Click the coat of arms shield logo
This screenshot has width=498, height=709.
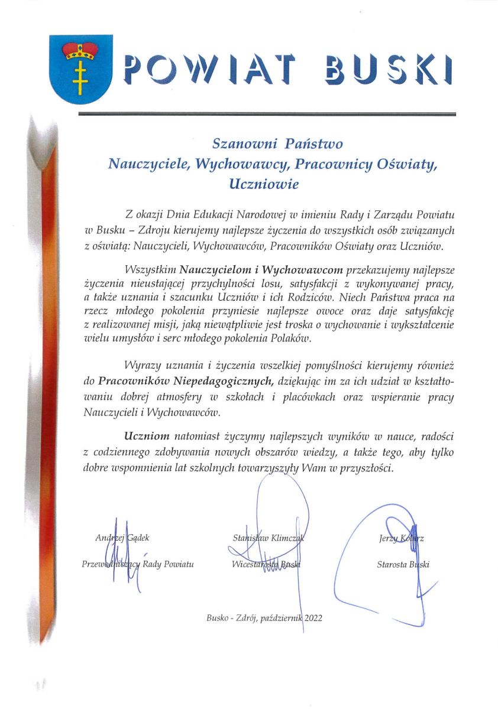(73, 69)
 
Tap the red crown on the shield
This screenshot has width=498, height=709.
(73, 50)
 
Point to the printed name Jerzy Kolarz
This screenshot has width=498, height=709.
(403, 538)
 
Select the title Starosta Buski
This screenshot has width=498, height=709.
(403, 564)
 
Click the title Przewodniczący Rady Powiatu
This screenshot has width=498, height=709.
(138, 564)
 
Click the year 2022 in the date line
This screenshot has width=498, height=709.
(312, 618)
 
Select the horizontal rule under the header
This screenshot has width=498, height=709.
(267, 113)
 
